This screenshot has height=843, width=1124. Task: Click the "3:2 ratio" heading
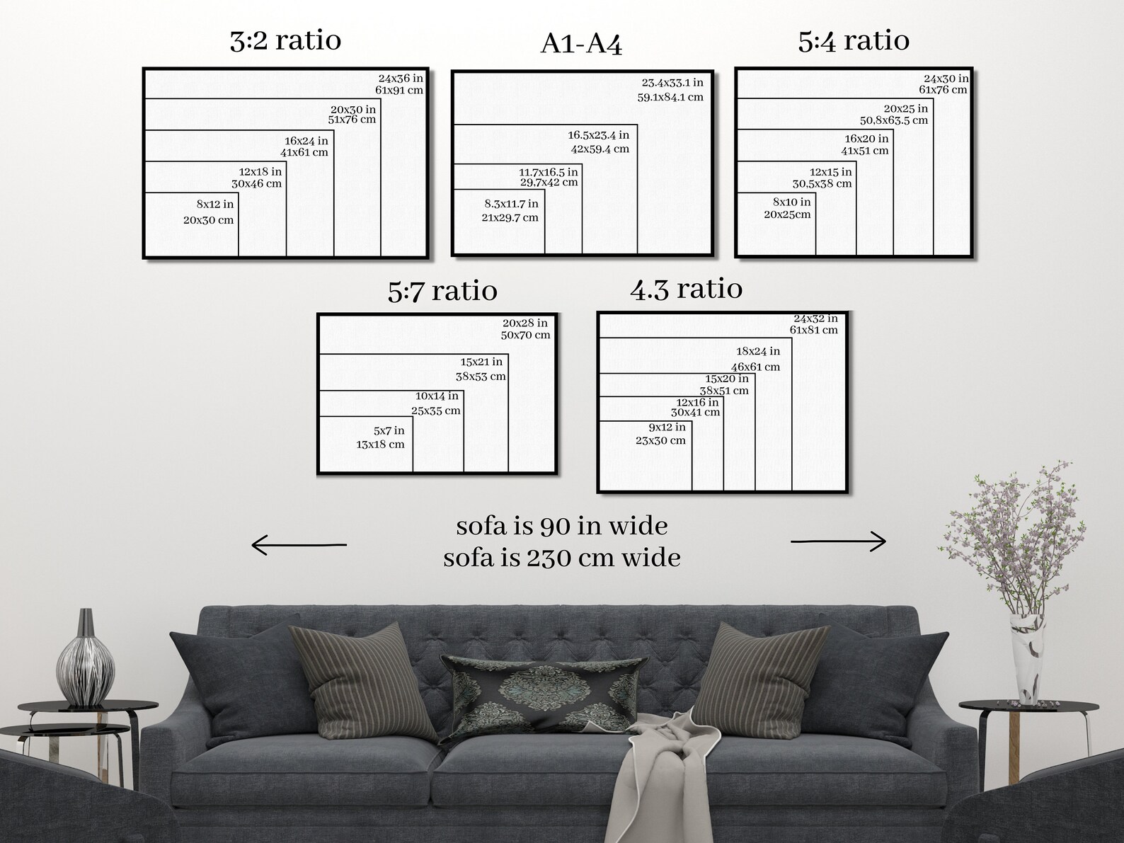tap(285, 41)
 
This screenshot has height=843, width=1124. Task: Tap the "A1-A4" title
tap(581, 44)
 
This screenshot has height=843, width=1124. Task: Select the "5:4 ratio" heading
tap(854, 41)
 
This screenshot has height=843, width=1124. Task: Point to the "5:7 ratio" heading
tap(442, 291)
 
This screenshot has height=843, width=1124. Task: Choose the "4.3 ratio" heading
tap(686, 289)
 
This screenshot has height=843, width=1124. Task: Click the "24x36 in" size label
tap(401, 79)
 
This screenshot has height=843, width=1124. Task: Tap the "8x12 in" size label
tap(215, 205)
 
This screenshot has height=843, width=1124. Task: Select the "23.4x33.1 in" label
tap(672, 82)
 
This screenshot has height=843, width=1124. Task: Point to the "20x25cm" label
tap(787, 214)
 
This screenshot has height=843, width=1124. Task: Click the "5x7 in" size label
tap(389, 431)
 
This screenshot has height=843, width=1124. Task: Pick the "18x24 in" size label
tap(758, 351)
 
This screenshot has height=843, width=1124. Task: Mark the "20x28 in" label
tap(525, 323)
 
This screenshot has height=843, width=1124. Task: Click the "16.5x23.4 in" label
tap(598, 135)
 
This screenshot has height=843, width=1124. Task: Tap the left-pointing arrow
tap(299, 544)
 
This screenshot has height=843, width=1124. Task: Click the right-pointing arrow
tap(838, 541)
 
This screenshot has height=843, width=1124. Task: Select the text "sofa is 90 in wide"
tap(562, 526)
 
